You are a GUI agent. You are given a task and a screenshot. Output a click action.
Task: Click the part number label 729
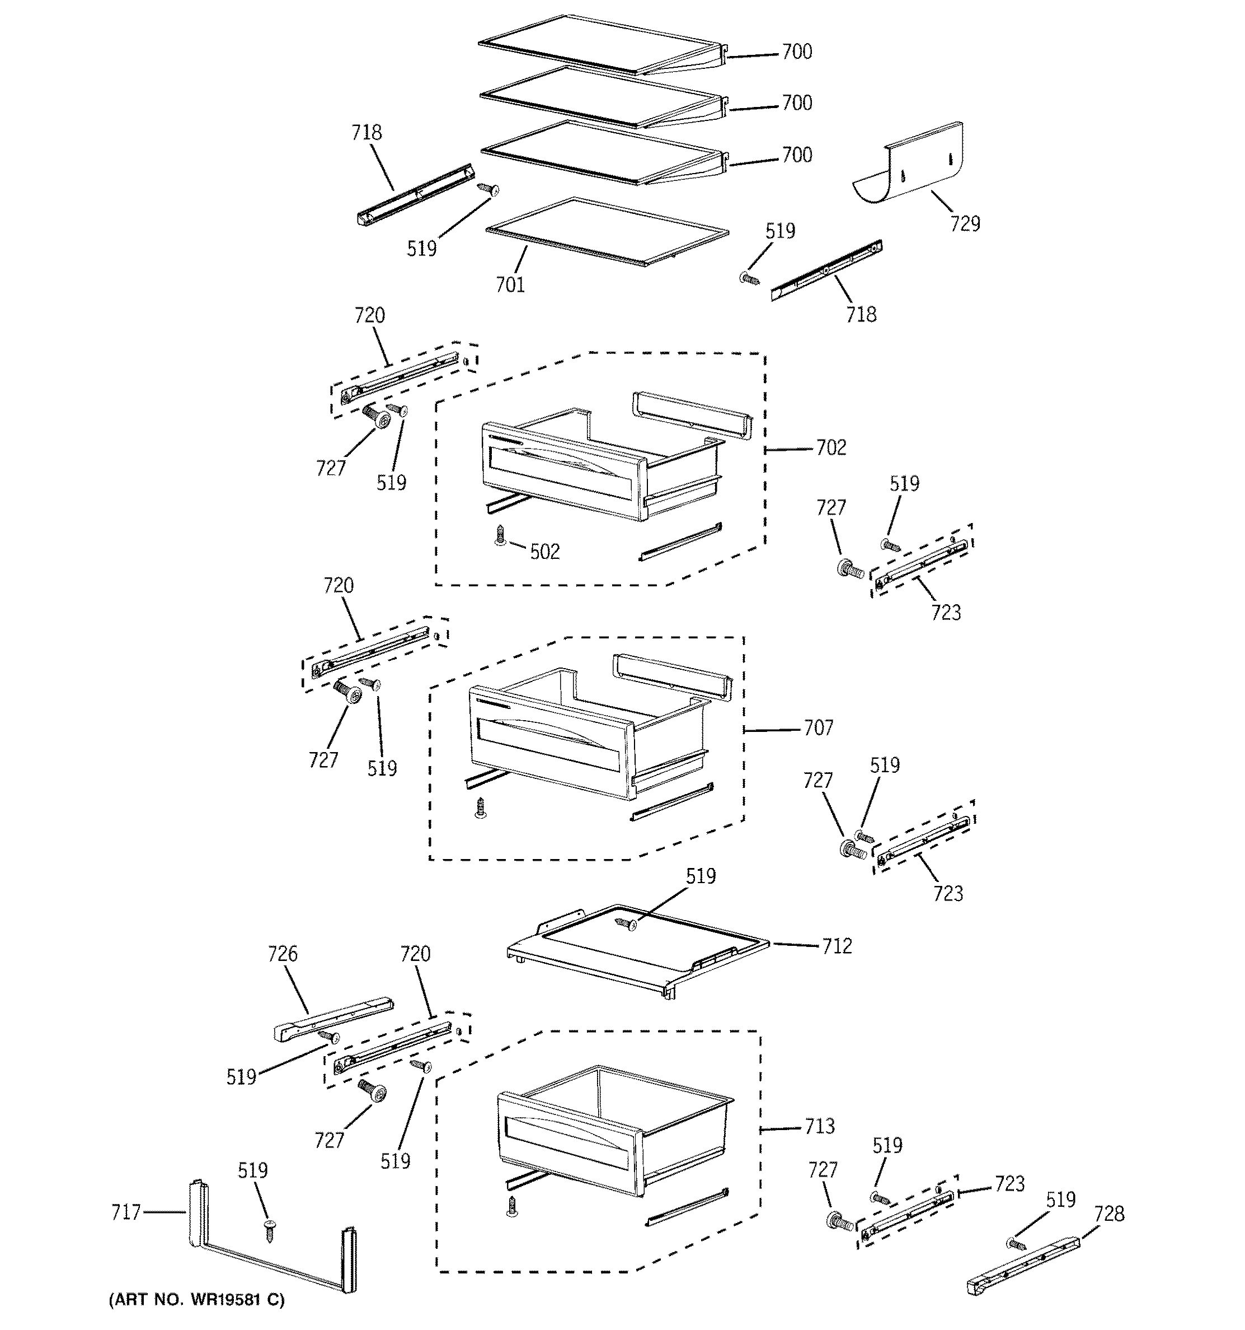tap(965, 223)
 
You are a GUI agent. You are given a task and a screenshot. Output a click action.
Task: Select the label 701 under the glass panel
tap(510, 285)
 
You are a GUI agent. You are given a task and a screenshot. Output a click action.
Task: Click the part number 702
tap(830, 447)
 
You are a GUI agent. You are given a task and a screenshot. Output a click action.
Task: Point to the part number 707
tap(819, 728)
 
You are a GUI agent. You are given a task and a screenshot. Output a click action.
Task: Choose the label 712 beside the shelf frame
tap(837, 946)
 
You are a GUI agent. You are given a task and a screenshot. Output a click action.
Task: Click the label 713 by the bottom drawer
tap(820, 1126)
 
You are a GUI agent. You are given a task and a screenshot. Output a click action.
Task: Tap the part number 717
tap(126, 1212)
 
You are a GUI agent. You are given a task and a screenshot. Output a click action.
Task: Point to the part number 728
tap(1109, 1213)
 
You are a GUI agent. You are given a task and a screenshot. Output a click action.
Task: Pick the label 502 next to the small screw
tap(544, 552)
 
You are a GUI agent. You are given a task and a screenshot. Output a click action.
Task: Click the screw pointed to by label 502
tap(499, 535)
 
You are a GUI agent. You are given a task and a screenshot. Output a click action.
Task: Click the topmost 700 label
tap(797, 52)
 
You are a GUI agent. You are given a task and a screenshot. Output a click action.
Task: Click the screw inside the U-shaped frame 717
tap(270, 1229)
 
